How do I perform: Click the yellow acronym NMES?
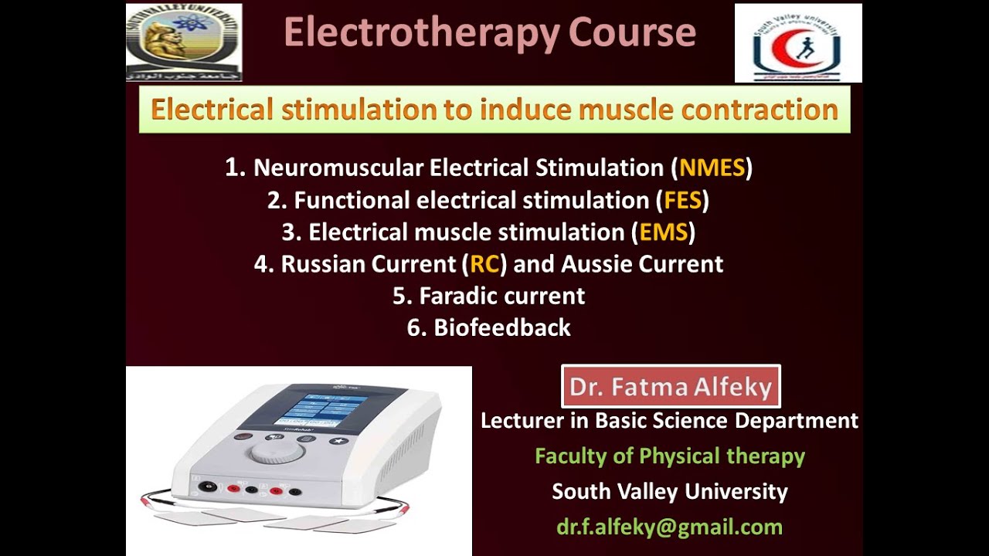point(712,168)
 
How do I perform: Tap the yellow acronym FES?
point(682,201)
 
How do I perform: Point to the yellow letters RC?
point(484,264)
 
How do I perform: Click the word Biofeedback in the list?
point(502,327)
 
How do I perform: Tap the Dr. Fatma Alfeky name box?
point(671,387)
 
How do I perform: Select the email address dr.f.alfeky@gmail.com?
point(669,527)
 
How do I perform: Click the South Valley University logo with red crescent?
point(797,43)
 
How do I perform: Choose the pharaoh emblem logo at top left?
point(184,42)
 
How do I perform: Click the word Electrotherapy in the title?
point(422,33)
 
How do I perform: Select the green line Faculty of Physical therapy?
point(669,456)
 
